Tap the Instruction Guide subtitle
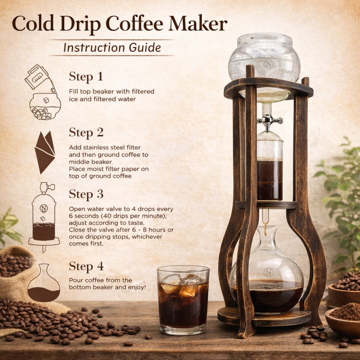pos(112,48)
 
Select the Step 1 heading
pos(86,77)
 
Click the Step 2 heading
pos(86,133)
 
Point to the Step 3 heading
pos(86,194)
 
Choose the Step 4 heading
pos(86,266)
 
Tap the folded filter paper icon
pos(45,152)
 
